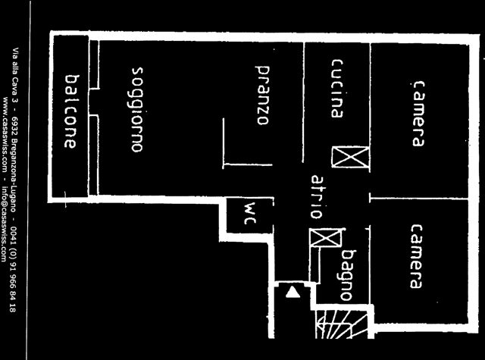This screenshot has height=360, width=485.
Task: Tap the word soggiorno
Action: click(x=137, y=109)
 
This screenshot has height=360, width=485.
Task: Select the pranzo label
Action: click(x=262, y=95)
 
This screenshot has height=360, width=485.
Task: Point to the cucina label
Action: click(x=337, y=89)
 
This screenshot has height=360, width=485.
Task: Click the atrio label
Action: click(x=318, y=197)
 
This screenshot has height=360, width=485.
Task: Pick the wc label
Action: click(x=249, y=213)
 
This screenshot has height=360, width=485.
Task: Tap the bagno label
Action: click(x=348, y=275)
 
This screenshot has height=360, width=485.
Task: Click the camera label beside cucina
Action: click(x=418, y=114)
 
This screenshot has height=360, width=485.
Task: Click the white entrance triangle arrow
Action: click(x=293, y=293)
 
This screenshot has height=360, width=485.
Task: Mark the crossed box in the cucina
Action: click(x=350, y=157)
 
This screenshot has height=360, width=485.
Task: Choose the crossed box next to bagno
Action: click(x=326, y=237)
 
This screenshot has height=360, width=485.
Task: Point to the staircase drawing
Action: click(x=342, y=323)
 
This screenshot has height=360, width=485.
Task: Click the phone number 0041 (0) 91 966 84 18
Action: click(x=13, y=269)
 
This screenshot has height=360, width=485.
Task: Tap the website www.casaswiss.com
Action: click(x=5, y=133)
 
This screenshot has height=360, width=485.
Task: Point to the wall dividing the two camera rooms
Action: click(x=419, y=198)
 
